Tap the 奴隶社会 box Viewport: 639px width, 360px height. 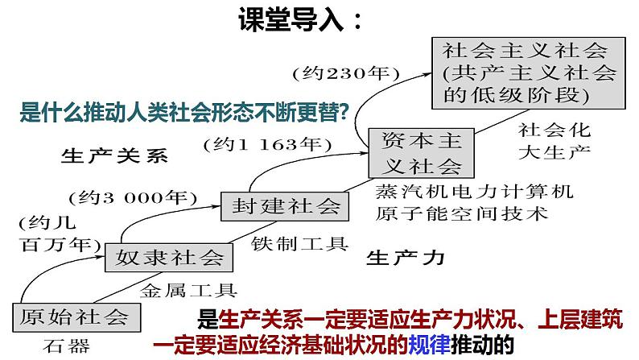click(x=168, y=258)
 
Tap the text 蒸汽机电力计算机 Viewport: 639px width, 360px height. click(x=474, y=192)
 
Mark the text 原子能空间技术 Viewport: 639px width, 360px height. click(x=461, y=213)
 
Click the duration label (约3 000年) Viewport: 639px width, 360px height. click(x=133, y=196)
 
